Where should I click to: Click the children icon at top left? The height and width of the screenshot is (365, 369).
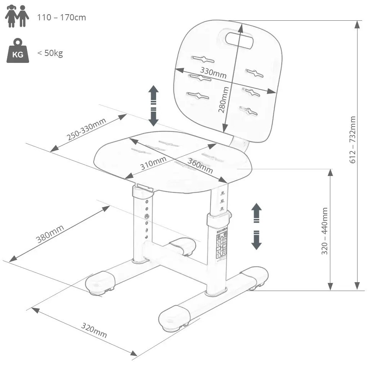click(17, 16)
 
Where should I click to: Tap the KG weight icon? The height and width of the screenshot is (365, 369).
click(18, 51)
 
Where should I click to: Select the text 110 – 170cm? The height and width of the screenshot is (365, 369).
click(62, 18)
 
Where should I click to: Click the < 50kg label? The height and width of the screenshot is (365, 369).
click(50, 53)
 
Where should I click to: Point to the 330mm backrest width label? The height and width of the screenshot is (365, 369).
click(214, 73)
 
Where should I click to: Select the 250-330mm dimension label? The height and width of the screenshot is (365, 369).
click(86, 129)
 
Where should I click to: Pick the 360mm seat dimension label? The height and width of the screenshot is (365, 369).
click(200, 165)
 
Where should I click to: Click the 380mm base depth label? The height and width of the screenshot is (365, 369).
click(50, 234)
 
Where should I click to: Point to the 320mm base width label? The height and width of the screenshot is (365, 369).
click(94, 330)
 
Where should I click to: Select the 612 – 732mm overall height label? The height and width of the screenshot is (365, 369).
click(353, 140)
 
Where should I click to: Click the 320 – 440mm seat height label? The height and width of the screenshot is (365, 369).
click(325, 231)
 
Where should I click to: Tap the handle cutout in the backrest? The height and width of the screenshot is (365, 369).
click(239, 39)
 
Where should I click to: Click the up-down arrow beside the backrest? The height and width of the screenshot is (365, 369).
click(153, 105)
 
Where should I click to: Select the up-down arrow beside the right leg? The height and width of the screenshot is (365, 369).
click(256, 226)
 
